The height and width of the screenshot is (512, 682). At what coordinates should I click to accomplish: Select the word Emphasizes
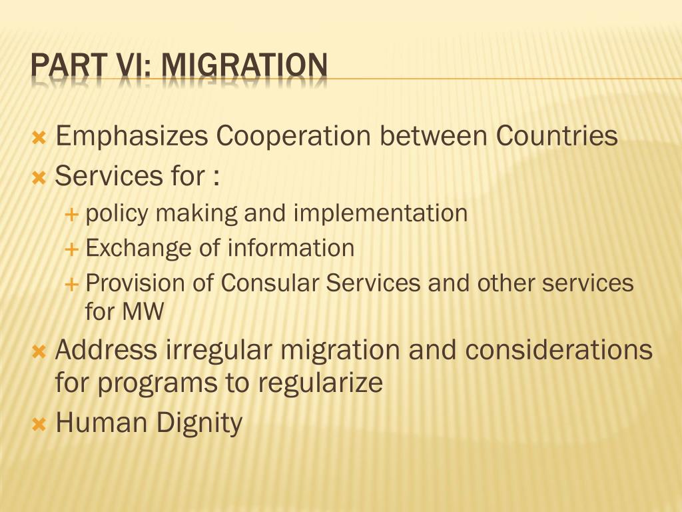(x=132, y=136)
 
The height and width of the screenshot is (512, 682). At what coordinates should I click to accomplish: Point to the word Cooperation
(x=293, y=135)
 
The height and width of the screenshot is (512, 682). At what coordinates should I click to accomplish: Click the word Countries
(x=557, y=135)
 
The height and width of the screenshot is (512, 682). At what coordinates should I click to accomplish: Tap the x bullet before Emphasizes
(x=39, y=139)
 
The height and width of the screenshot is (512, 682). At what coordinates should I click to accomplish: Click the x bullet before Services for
(x=39, y=177)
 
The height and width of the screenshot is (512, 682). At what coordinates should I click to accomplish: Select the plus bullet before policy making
(x=71, y=214)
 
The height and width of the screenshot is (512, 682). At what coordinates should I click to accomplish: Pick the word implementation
(x=380, y=214)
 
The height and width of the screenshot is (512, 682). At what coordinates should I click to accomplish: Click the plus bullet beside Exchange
(x=71, y=249)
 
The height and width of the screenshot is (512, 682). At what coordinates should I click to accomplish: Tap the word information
(x=291, y=248)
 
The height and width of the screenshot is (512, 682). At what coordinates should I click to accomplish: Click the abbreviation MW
(x=143, y=312)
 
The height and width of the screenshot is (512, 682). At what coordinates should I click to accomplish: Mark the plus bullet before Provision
(x=71, y=285)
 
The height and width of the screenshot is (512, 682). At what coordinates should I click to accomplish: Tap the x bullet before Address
(x=39, y=352)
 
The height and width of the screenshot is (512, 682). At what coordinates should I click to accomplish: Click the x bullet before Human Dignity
(x=39, y=424)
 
